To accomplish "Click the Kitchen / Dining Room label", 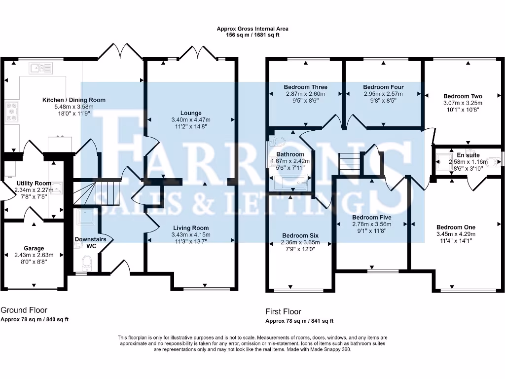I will (x=73, y=100).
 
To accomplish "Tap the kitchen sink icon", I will (x=36, y=68).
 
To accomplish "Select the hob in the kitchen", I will (x=12, y=111).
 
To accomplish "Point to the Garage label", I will (x=34, y=248).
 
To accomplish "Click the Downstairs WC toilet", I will (x=86, y=261).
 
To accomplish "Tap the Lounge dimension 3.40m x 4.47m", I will (x=190, y=119).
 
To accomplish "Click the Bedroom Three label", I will (x=306, y=87).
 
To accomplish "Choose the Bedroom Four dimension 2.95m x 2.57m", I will (x=383, y=94).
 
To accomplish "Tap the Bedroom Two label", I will (x=463, y=96).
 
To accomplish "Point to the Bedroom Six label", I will (x=300, y=235).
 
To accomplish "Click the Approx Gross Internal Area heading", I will (x=252, y=29).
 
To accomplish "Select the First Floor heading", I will (x=283, y=311).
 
